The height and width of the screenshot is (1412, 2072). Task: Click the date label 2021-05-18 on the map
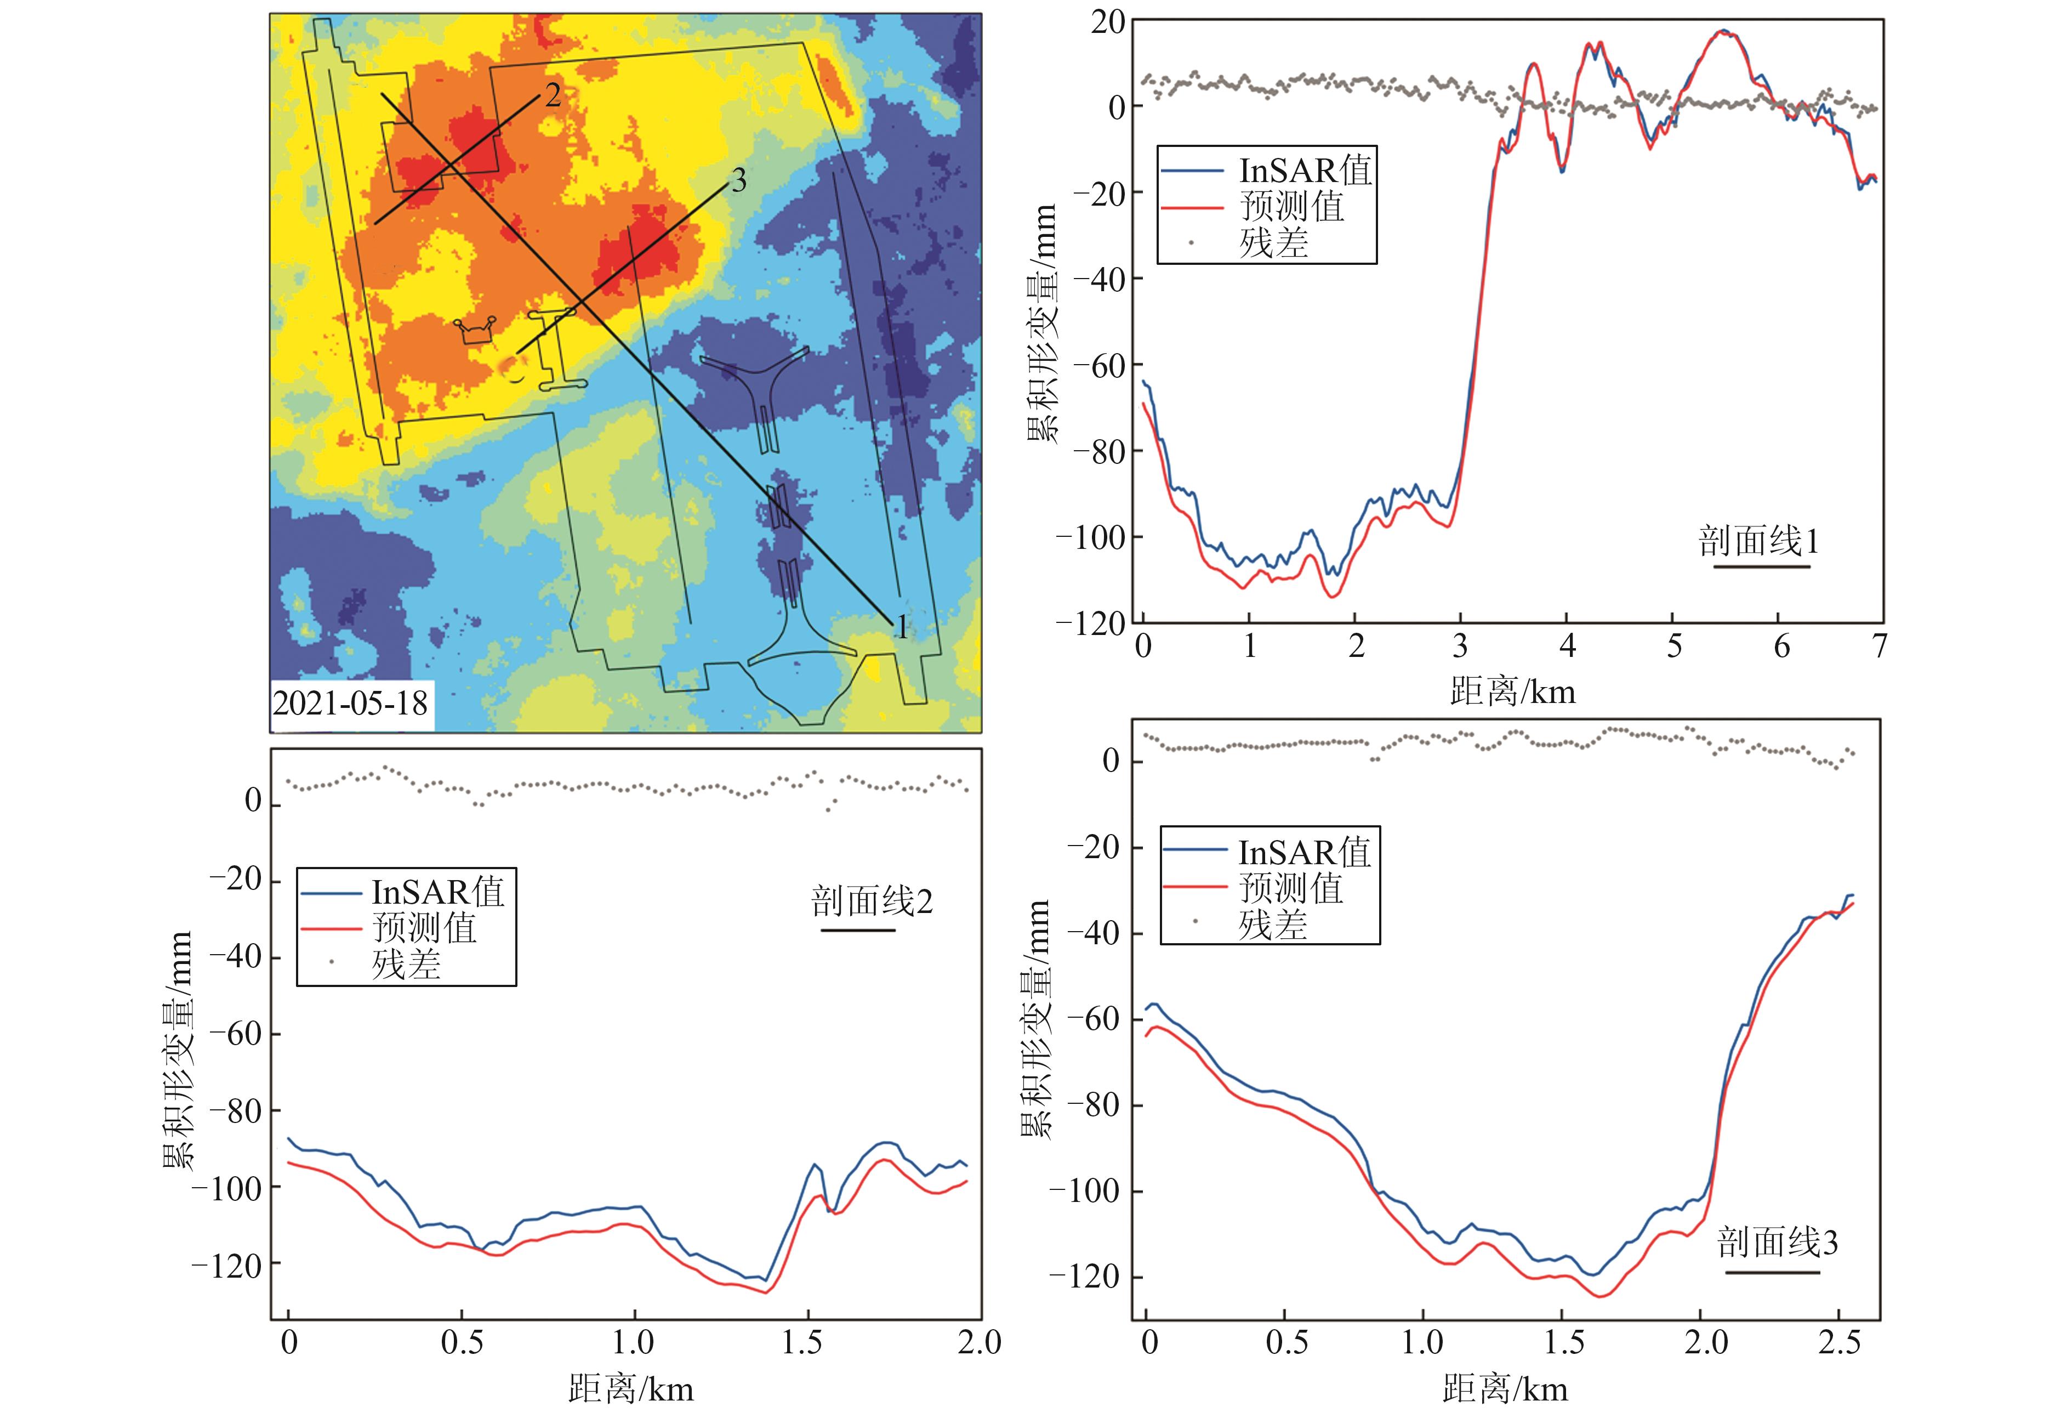[x=350, y=704]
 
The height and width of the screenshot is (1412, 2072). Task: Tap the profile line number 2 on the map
[x=553, y=94]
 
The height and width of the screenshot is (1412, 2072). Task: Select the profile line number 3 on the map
[x=738, y=181]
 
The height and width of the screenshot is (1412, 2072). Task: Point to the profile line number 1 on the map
[x=902, y=627]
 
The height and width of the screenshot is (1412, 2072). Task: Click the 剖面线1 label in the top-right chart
[x=1758, y=541]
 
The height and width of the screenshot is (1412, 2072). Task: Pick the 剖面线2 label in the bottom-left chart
[x=871, y=902]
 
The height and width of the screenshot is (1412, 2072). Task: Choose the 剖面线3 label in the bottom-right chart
[x=1777, y=1243]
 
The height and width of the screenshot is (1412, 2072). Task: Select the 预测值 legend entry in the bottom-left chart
[x=424, y=928]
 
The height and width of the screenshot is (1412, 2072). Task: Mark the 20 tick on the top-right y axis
[x=1108, y=23]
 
